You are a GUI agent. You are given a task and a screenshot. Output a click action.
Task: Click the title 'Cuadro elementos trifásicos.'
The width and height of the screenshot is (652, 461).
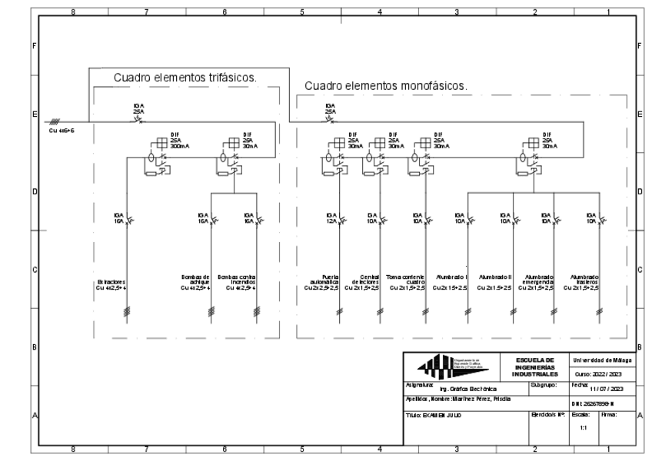(185, 78)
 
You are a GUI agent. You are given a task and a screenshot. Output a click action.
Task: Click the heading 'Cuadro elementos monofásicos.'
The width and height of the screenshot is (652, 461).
(385, 85)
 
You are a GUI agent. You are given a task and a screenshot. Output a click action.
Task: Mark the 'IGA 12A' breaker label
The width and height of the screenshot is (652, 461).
(331, 217)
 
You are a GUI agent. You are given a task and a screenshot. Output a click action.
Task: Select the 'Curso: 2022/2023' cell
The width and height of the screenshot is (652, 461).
(604, 373)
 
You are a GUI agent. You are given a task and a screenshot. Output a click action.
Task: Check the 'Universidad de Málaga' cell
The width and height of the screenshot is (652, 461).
(604, 359)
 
